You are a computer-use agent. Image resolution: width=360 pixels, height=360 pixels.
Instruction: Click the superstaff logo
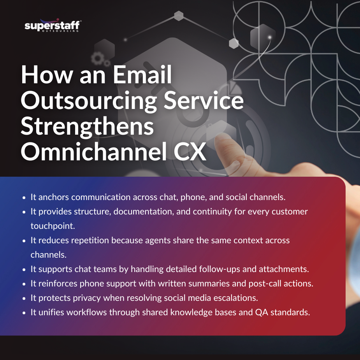52,26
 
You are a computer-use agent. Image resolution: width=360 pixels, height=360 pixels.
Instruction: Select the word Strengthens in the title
88,127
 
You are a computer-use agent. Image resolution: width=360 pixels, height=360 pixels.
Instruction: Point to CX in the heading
189,153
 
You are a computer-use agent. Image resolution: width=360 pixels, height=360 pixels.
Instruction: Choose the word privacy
87,298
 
